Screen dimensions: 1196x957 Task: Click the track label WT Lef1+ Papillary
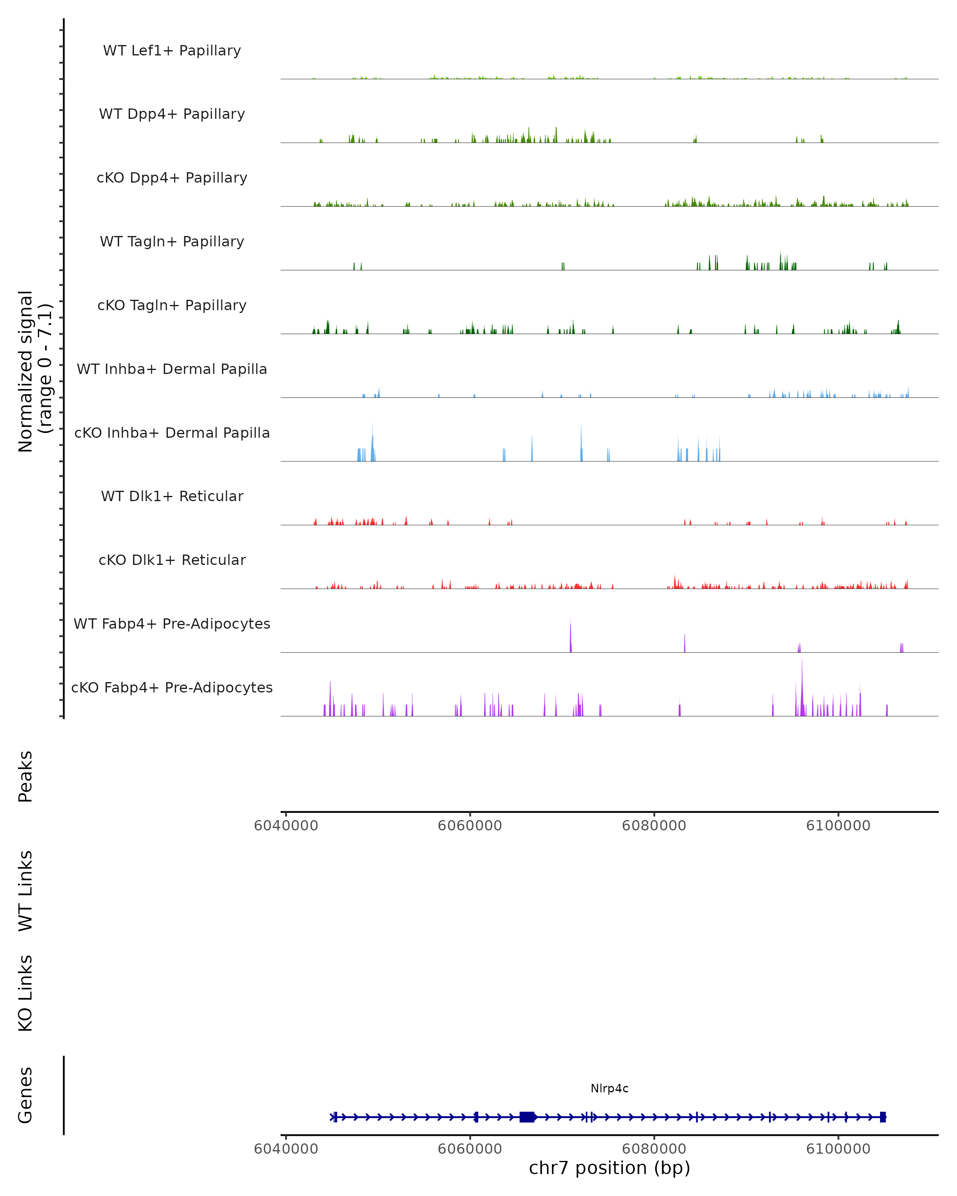tap(172, 51)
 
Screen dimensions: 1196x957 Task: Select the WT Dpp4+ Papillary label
tap(172, 114)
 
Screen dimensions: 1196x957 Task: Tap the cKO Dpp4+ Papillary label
tap(172, 178)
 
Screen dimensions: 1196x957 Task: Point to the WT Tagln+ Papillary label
tap(172, 242)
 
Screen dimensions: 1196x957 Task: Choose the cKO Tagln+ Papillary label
tap(172, 306)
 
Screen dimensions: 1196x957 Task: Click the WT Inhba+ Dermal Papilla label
tap(172, 370)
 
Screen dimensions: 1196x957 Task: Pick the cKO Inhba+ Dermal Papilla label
tap(172, 433)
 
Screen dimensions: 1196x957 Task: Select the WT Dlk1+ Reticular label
tap(172, 496)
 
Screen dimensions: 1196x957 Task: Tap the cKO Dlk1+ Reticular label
tap(172, 560)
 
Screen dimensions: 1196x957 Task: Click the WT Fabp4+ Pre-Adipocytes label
tap(172, 624)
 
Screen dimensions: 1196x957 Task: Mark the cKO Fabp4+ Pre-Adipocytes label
tap(172, 688)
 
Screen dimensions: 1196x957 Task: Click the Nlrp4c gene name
tap(609, 1088)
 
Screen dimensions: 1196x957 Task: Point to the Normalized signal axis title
tap(34, 371)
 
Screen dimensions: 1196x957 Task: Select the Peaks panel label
tap(26, 776)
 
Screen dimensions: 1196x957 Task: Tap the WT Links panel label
tap(26, 890)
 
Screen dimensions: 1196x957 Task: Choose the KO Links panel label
tap(26, 993)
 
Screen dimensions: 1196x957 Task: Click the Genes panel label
tap(26, 1095)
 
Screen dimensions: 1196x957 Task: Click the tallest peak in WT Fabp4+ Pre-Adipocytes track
tap(570, 632)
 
